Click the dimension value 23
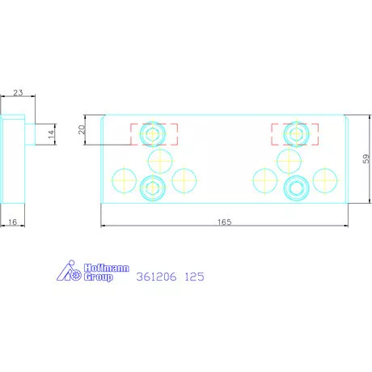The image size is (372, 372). tap(18, 93)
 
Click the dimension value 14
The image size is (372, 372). tap(51, 134)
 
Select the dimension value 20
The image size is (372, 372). tap(82, 129)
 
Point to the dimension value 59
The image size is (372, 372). tap(366, 159)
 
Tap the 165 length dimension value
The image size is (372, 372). tap(225, 222)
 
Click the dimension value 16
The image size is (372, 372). tap(12, 222)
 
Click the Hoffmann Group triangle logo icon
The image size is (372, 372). tap(69, 270)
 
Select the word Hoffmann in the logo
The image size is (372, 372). tap(107, 268)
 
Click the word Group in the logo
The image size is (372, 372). tap(98, 277)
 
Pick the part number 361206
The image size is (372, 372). tap(157, 277)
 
